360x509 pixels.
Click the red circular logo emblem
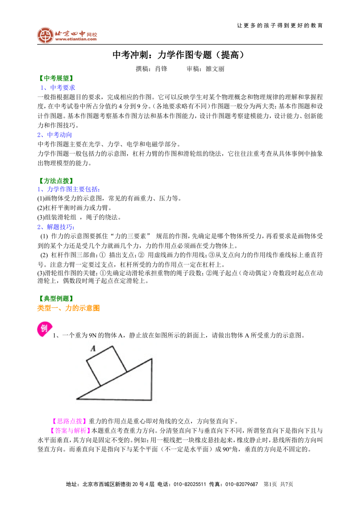[x=45, y=35]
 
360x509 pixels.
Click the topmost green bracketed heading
[x=56, y=78]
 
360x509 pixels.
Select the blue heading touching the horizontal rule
[x=58, y=88]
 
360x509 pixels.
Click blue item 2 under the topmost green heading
[x=55, y=135]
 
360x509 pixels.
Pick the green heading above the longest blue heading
[x=56, y=180]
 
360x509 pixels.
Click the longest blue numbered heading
[x=69, y=189]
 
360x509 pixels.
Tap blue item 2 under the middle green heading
[x=56, y=227]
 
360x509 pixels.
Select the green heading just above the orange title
[x=56, y=298]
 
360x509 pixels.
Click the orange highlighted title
[x=68, y=308]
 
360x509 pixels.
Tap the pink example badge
[x=44, y=329]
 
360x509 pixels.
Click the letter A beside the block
[x=93, y=348]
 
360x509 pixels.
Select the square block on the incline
[x=107, y=366]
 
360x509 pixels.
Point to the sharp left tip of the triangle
[x=77, y=399]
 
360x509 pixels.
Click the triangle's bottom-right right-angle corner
[x=151, y=400]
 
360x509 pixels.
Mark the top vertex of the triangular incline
[x=152, y=359]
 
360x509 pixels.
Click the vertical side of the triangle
[x=152, y=380]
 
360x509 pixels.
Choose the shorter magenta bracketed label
[x=69, y=421]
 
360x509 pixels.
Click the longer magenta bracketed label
[x=71, y=430]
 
